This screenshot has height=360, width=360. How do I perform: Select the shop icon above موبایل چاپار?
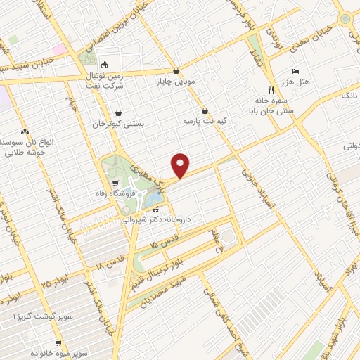(x=175, y=70)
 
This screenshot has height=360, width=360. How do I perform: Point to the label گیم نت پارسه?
(x=203, y=121)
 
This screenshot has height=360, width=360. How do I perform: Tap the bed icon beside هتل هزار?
(x=295, y=72)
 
